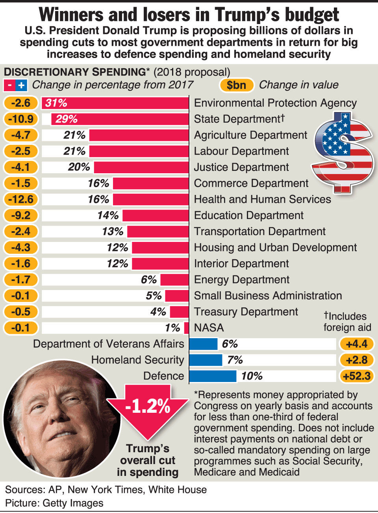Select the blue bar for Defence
213,376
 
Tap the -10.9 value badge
21,119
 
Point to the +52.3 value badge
357,376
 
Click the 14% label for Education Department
108,215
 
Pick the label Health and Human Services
262,199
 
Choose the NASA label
209,328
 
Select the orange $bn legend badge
236,85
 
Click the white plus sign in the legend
21,85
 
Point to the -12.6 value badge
21,199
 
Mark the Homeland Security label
137,360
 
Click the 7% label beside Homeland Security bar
235,360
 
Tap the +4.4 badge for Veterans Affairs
357,344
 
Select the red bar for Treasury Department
179,312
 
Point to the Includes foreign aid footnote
347,322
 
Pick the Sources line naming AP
106,490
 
